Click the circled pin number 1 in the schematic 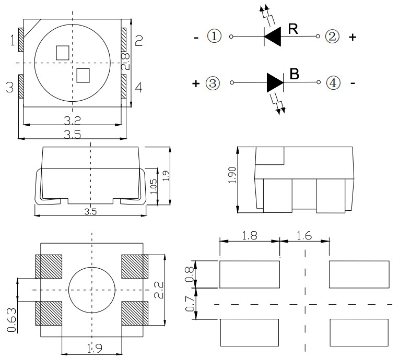coord(214,37)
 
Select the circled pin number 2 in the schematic coord(332,37)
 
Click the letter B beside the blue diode coord(294,74)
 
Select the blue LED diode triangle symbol coord(275,82)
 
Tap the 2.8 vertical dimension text coord(125,61)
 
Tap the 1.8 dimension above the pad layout coord(249,235)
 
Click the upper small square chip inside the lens coord(63,52)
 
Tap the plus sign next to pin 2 coord(353,37)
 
